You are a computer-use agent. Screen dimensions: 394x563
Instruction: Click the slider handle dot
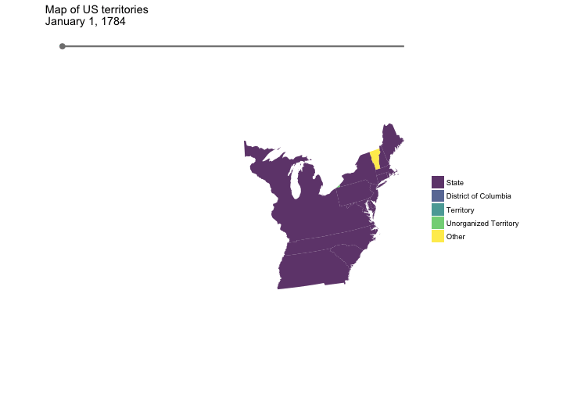(x=63, y=46)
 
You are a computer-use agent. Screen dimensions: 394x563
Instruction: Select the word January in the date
(x=66, y=21)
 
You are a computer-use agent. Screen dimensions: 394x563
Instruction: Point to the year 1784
(x=113, y=21)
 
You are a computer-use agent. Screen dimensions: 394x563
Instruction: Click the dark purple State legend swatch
(x=438, y=182)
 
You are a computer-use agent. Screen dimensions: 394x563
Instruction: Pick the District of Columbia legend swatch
(x=438, y=195)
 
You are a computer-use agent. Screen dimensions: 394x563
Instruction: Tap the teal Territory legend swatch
(x=438, y=210)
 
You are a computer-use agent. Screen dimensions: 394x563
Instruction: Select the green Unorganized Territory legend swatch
(x=438, y=223)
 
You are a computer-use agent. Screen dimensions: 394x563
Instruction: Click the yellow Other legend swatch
(x=438, y=236)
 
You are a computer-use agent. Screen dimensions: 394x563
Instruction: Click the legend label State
(x=454, y=182)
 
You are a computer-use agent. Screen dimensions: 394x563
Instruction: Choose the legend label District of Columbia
(x=479, y=195)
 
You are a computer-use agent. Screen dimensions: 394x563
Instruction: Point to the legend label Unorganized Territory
(x=482, y=223)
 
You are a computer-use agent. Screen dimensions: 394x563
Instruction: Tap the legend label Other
(x=455, y=236)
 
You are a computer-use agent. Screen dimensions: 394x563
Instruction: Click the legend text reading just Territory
(x=460, y=210)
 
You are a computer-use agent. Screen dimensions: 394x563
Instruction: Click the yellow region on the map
(x=375, y=159)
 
